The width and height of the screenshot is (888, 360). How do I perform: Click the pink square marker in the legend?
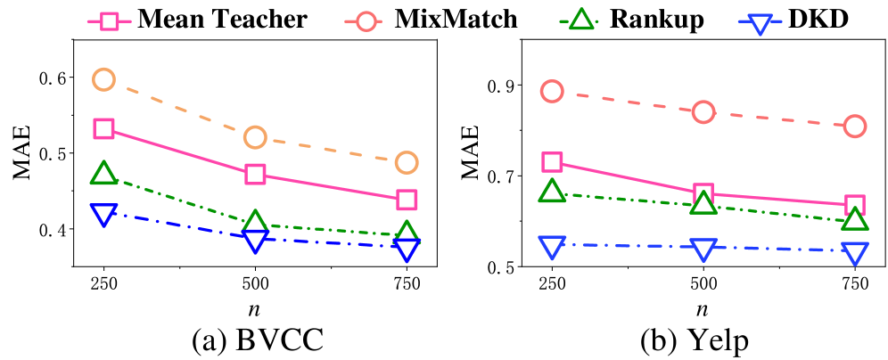(x=109, y=21)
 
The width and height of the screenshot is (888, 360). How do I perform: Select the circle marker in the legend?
(x=366, y=21)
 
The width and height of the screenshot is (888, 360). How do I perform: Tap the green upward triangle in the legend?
(x=581, y=20)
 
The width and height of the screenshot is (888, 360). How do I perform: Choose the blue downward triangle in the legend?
(x=760, y=23)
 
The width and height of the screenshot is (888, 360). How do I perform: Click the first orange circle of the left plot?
(x=103, y=79)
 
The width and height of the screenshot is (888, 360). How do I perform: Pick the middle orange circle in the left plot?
(x=255, y=137)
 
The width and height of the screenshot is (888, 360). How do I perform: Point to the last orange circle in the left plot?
(x=407, y=162)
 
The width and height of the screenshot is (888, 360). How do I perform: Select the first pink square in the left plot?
(x=103, y=128)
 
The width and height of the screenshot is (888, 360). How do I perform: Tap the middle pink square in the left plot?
(x=255, y=174)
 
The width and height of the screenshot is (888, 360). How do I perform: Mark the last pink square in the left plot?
(x=407, y=200)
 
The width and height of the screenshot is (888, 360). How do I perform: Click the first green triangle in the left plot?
(x=103, y=174)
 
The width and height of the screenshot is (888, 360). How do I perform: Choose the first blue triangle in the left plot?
(x=103, y=213)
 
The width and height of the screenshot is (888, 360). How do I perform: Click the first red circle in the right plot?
(x=552, y=91)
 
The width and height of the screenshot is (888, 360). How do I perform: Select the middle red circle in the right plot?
(x=703, y=112)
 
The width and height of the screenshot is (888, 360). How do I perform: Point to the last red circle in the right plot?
(x=855, y=127)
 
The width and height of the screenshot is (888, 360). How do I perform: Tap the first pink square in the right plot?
(x=552, y=162)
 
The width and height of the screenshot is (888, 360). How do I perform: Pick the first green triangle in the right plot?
(x=552, y=191)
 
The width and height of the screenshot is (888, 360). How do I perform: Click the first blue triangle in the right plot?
(x=552, y=246)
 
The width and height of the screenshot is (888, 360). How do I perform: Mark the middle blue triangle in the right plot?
(x=703, y=249)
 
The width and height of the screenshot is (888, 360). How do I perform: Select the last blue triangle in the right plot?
(x=855, y=252)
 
